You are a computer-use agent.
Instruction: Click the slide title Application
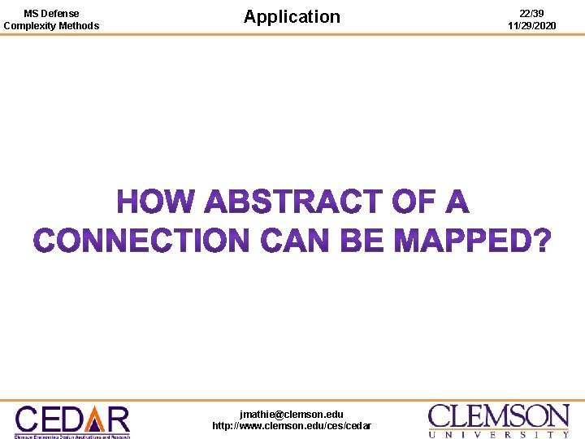click(292, 16)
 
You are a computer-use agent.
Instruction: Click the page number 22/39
click(532, 13)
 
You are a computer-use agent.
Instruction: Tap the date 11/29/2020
click(532, 26)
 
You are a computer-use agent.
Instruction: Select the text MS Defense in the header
click(51, 13)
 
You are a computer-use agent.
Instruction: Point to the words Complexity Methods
click(51, 26)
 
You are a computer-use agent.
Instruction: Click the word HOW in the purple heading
click(157, 202)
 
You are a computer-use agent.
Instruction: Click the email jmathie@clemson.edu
click(292, 414)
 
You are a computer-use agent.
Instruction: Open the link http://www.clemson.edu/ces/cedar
click(292, 426)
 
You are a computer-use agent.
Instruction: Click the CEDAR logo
click(72, 420)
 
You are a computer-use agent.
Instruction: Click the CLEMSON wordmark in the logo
click(499, 416)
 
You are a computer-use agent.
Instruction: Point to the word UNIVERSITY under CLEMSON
click(499, 434)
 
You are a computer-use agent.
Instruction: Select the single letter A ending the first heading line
click(455, 202)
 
